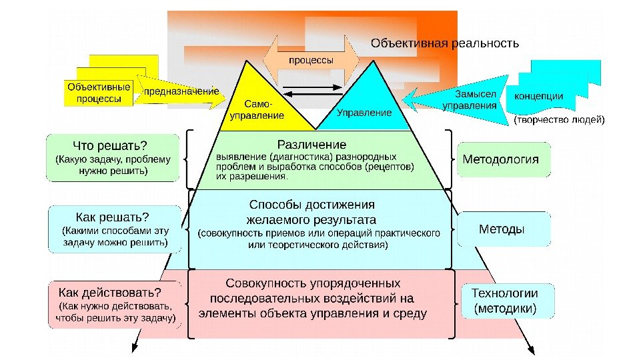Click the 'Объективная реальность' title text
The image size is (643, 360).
click(444, 44)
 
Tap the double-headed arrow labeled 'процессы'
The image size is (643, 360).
click(311, 60)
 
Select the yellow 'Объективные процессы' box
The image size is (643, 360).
click(99, 93)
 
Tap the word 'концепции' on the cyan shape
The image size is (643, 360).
click(538, 96)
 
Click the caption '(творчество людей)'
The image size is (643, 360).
click(559, 120)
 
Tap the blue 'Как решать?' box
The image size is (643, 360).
click(115, 229)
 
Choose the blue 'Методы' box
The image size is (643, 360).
click(504, 229)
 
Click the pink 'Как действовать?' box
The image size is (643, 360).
click(114, 305)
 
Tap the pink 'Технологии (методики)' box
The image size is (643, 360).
click(504, 301)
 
